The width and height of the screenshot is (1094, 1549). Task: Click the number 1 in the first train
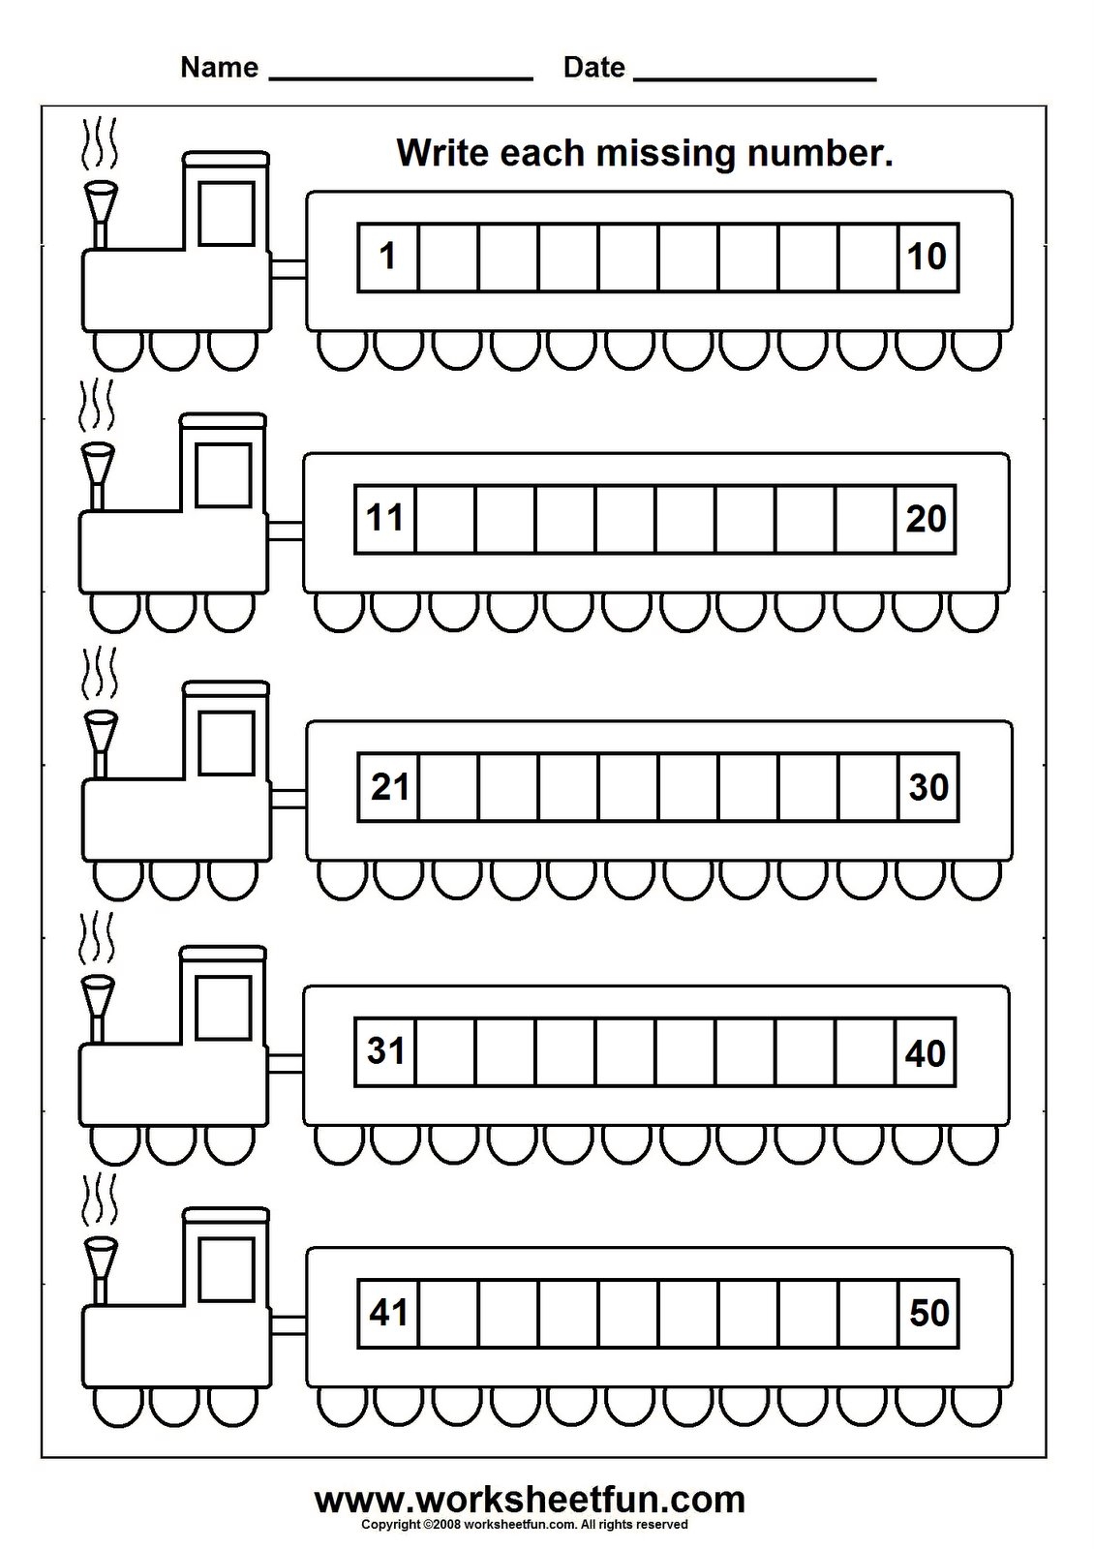click(x=387, y=258)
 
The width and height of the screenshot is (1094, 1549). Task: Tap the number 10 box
click(x=927, y=258)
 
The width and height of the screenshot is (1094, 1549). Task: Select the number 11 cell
click(x=384, y=519)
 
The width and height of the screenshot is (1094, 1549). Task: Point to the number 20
click(x=926, y=519)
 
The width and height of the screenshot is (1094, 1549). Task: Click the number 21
click(x=389, y=787)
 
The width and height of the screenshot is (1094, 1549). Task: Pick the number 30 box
click(x=927, y=787)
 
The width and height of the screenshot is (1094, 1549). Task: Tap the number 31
click(x=385, y=1050)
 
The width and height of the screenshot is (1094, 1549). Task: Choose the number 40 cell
click(x=926, y=1052)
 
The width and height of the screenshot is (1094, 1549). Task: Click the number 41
click(x=388, y=1314)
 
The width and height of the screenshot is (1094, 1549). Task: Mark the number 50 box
click(x=928, y=1314)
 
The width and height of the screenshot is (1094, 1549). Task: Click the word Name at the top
click(x=220, y=68)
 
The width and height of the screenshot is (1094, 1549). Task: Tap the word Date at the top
click(x=593, y=68)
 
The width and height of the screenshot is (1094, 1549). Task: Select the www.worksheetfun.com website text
click(x=530, y=1501)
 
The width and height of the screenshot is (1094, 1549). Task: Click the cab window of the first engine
click(x=227, y=212)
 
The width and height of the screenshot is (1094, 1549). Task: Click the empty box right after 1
click(x=448, y=258)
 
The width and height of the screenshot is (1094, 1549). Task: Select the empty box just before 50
click(x=868, y=1314)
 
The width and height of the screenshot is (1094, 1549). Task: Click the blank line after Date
click(x=754, y=74)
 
